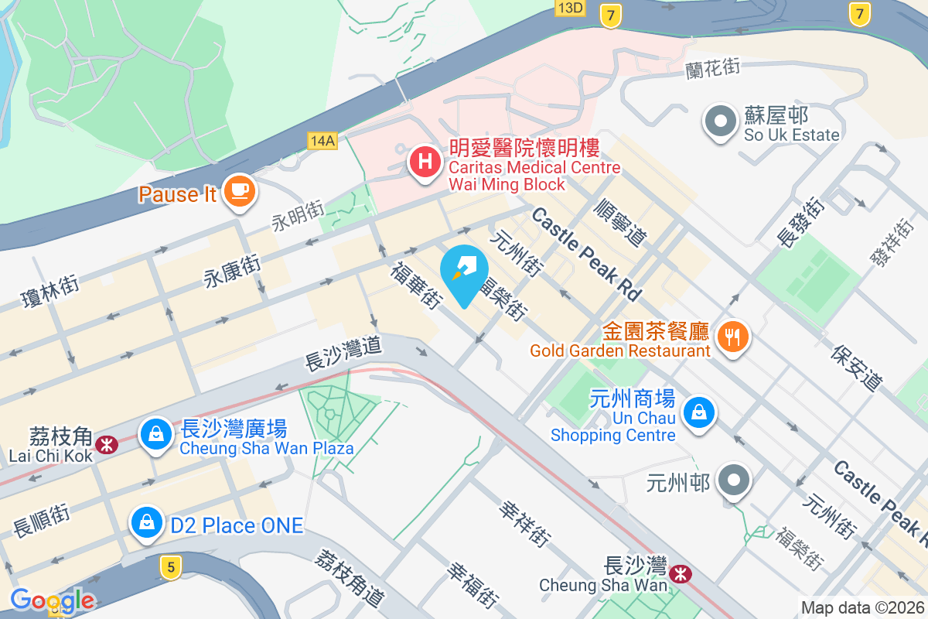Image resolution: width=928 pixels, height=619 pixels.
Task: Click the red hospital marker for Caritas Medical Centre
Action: click(424, 162)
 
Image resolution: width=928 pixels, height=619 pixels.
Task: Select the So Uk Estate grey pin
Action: click(721, 121)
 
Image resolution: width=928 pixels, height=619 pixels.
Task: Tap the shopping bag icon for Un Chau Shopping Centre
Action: click(699, 412)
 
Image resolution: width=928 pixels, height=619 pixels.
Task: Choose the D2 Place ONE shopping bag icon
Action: click(147, 522)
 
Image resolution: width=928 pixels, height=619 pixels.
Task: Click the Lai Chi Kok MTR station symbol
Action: click(106, 444)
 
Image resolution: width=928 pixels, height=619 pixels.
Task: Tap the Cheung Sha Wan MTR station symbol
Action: click(681, 573)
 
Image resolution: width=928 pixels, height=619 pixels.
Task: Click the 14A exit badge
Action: click(322, 140)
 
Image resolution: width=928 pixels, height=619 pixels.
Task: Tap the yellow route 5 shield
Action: click(171, 567)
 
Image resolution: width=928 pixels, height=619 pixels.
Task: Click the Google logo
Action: click(52, 600)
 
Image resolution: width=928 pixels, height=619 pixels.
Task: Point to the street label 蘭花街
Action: click(713, 69)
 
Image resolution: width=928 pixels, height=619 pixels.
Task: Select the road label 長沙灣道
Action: click(344, 353)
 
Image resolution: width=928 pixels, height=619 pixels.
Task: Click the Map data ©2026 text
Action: click(862, 608)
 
